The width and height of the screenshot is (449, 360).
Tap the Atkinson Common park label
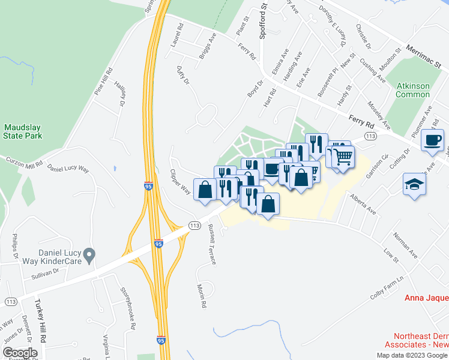tap(413, 90)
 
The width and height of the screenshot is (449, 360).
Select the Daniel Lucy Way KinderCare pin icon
tap(89, 256)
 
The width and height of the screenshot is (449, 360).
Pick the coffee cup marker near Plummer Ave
tap(432, 141)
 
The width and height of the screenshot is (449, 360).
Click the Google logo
tap(20, 353)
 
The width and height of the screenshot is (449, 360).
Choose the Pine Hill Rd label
tap(103, 82)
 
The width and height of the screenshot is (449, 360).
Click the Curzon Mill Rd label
tap(24, 162)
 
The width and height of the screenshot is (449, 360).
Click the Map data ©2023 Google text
tap(412, 355)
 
